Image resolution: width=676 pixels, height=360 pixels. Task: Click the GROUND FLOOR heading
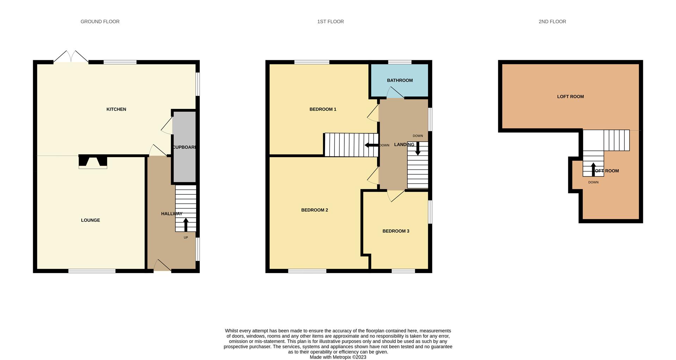(100, 21)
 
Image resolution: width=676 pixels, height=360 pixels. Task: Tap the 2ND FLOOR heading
(552, 21)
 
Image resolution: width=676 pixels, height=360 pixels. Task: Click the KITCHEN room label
(116, 109)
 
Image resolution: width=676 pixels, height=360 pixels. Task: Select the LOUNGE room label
(90, 220)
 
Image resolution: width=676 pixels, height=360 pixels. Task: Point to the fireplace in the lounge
(93, 162)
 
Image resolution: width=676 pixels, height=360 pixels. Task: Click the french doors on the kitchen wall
(71, 57)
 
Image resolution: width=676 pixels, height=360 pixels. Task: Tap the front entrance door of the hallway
(162, 266)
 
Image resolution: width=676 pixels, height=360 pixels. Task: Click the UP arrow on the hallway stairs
(186, 224)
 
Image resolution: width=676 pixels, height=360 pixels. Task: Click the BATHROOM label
(400, 80)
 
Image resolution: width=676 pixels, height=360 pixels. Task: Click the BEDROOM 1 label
(323, 109)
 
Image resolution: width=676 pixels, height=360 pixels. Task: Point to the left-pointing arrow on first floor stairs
(371, 145)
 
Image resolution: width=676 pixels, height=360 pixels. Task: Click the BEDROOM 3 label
(396, 231)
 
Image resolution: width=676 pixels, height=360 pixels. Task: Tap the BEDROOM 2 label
(314, 210)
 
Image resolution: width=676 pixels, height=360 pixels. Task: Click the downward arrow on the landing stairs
(418, 148)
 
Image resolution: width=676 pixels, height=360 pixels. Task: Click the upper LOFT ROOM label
(570, 97)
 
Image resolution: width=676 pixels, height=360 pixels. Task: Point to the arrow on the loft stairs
(593, 169)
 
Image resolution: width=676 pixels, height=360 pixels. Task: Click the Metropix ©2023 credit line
(338, 357)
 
